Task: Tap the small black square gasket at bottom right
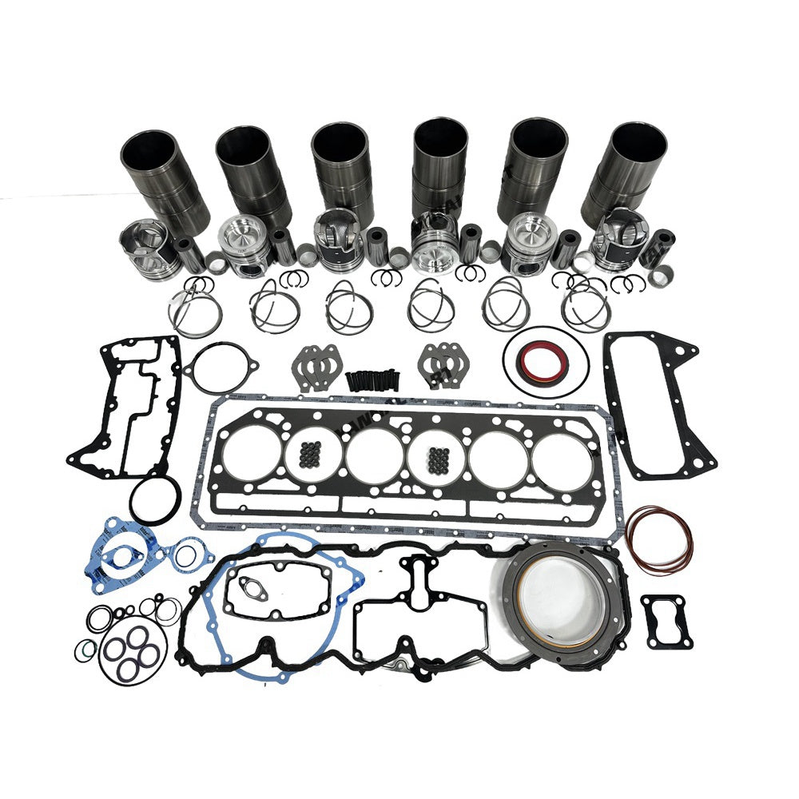click(662, 620)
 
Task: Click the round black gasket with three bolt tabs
click(221, 368)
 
